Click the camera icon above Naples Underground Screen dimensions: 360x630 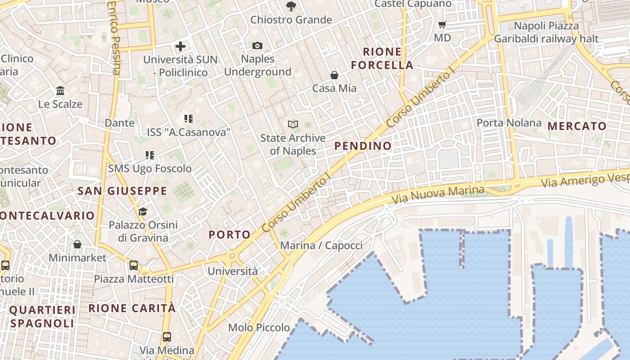[x=257, y=45]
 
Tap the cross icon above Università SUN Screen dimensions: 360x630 [x=180, y=46]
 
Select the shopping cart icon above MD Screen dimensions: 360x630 [x=442, y=24]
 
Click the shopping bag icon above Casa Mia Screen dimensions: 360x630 [x=334, y=75]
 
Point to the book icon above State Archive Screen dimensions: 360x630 [x=293, y=124]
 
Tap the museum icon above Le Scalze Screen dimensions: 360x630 [x=60, y=91]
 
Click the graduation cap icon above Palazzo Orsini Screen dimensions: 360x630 [x=143, y=211]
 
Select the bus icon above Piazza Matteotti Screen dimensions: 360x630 [x=134, y=265]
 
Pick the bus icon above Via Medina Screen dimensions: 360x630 [x=167, y=337]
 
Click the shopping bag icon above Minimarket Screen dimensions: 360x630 [x=77, y=244]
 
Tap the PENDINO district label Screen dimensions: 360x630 [x=363, y=146]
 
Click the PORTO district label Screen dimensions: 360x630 [x=229, y=234]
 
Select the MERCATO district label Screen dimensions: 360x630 [x=577, y=126]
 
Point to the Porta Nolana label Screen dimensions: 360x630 [x=509, y=123]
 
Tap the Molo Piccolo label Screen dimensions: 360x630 [x=259, y=328]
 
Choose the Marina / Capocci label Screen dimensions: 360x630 [x=321, y=246]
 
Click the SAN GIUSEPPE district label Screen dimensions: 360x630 [x=122, y=191]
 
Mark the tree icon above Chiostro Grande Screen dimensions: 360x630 [x=291, y=6]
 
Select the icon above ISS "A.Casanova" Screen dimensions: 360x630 [x=189, y=119]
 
